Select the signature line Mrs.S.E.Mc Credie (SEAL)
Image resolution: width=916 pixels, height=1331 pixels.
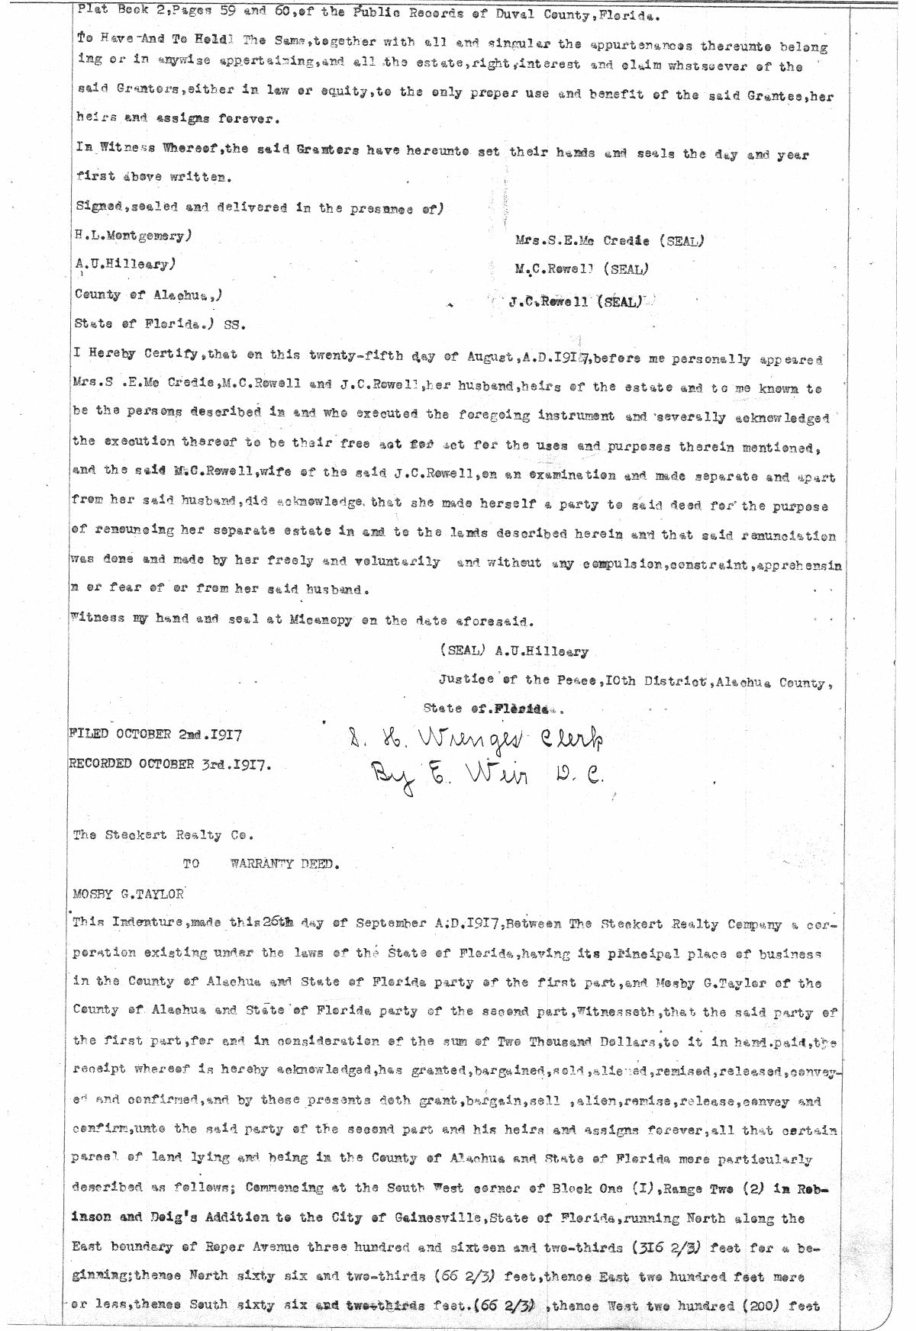(x=608, y=241)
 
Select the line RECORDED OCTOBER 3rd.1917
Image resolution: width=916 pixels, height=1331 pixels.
(x=170, y=764)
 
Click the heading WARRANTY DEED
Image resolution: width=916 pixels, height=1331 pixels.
(x=283, y=864)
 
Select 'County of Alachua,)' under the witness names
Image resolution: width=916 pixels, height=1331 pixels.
(x=149, y=294)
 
